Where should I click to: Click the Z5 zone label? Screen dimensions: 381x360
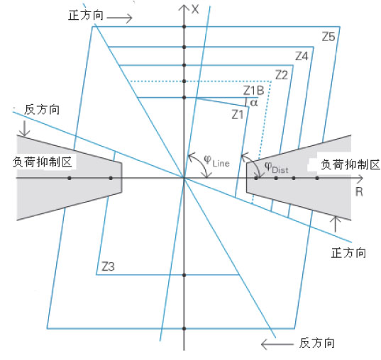pos(328,37)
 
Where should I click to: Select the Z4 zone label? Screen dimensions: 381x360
pos(302,56)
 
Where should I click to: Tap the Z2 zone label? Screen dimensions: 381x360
pos(282,75)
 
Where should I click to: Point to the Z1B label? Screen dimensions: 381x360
pos(254,91)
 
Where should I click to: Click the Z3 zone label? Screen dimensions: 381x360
pos(108,266)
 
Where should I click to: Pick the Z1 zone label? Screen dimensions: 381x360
pos(238,115)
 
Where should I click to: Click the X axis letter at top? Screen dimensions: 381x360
pos(195,9)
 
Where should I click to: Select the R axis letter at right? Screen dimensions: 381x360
pos(359,192)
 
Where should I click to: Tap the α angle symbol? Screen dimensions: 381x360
pos(254,103)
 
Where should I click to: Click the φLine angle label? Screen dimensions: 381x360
pos(216,162)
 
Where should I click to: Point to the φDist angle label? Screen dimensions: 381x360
pos(276,168)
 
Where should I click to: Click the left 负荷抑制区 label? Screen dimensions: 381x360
pos(43,162)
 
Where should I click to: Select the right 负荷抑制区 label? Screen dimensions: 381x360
pos(350,164)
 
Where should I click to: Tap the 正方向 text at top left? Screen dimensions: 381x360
pos(86,16)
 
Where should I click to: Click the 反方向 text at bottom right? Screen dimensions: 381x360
pos(317,343)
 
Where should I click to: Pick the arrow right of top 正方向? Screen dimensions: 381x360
pos(119,18)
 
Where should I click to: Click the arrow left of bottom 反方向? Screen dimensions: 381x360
pos(277,344)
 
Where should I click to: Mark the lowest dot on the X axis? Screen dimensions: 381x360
pos(184,329)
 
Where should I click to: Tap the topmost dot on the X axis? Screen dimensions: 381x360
pos(184,27)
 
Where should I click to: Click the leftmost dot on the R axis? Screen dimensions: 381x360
pos(70,178)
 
